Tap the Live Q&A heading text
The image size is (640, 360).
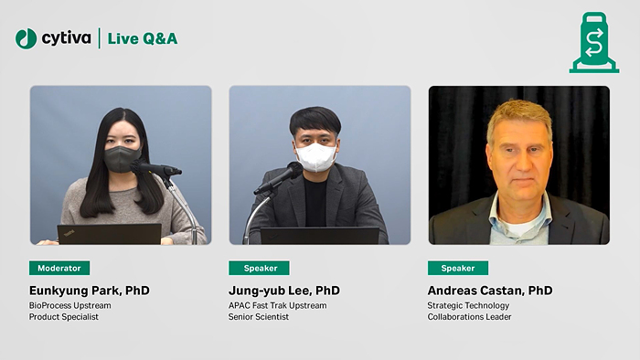143,38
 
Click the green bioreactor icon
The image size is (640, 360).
593,43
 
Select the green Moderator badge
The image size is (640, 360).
59,268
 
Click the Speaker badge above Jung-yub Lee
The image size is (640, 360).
259,268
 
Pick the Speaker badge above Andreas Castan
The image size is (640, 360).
458,268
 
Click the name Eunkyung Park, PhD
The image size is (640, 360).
89,291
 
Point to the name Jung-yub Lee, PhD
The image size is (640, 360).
284,291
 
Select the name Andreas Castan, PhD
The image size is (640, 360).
490,291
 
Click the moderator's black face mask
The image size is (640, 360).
123,158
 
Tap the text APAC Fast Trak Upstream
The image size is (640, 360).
277,305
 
